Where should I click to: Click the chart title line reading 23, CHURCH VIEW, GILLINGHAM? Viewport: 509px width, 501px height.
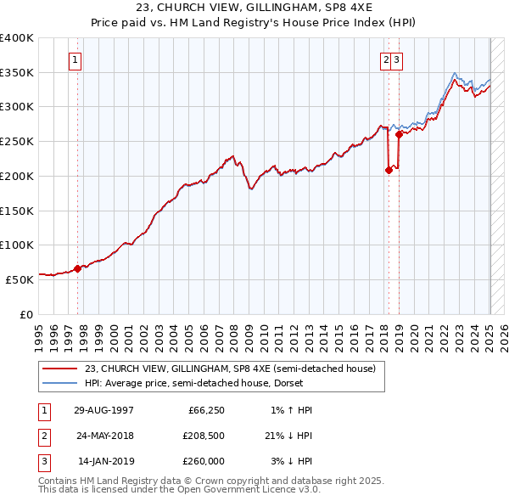coord(254,7)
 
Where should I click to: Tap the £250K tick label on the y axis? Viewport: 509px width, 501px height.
coord(17,141)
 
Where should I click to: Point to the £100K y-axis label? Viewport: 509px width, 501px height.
coord(17,245)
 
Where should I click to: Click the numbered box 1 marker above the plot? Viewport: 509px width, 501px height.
coord(76,60)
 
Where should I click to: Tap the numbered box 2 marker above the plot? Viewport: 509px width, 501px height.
coord(386,60)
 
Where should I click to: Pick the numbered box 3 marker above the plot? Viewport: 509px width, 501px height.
coord(397,60)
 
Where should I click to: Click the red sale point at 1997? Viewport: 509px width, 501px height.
coord(77,268)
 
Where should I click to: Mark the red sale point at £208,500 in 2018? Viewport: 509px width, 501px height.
coord(389,170)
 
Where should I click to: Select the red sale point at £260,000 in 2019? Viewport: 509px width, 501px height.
coord(398,134)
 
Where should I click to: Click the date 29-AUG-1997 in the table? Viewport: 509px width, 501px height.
coord(104,410)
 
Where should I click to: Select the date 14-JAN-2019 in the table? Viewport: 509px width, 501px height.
coord(105,463)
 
